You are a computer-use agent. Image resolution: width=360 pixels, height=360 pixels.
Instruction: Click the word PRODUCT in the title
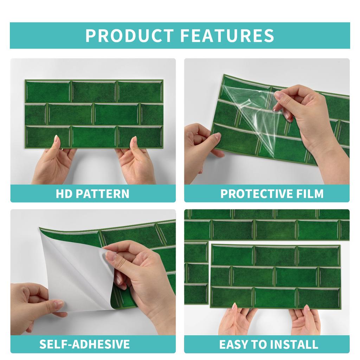(x=129, y=36)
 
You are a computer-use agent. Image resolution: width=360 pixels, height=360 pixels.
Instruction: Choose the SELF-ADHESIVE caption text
(x=84, y=344)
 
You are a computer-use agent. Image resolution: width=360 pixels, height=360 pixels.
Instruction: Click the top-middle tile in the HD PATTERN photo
(x=94, y=91)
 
